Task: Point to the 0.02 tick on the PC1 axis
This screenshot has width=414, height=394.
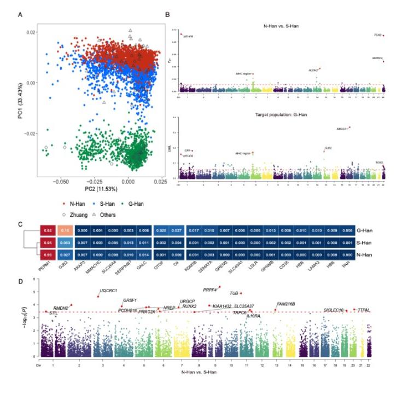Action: (30, 32)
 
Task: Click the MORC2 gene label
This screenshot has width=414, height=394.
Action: (377, 57)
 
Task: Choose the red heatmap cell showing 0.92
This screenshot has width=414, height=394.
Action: (48, 231)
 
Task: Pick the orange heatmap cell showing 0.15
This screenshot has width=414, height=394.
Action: (65, 231)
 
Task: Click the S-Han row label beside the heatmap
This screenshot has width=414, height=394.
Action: (365, 244)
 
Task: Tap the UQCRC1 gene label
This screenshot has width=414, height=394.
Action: (108, 291)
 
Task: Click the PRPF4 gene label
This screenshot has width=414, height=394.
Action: (210, 290)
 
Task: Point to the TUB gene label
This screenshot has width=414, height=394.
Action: (234, 293)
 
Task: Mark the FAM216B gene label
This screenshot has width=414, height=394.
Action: (286, 304)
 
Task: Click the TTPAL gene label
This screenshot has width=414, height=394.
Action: (364, 310)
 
